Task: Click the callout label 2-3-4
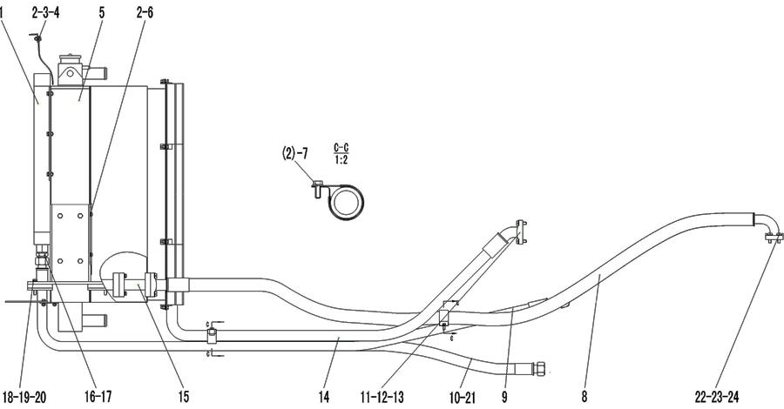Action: click(45, 13)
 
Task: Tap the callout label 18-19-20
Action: click(24, 397)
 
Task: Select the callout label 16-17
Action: click(98, 397)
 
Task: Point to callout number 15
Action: click(184, 397)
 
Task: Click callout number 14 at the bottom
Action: click(323, 397)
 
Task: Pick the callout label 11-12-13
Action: click(382, 397)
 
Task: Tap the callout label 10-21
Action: click(463, 398)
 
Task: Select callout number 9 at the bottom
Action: click(505, 397)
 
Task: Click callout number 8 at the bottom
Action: click(584, 397)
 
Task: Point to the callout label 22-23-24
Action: click(717, 397)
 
